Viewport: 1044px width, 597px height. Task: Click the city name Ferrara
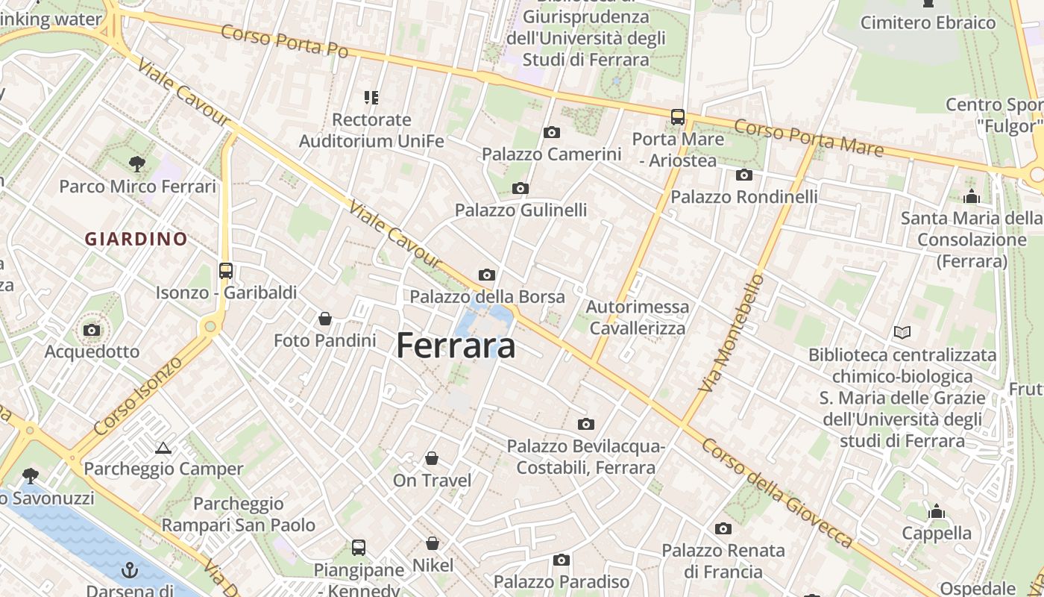click(456, 346)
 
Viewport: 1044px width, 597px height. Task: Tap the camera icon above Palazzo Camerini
click(552, 132)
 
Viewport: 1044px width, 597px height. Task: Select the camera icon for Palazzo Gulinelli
click(521, 188)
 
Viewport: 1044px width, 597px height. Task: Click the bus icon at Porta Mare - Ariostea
click(677, 116)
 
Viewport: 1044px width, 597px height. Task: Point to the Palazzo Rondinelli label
click(744, 197)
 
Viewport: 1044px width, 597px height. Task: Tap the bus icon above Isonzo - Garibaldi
click(225, 270)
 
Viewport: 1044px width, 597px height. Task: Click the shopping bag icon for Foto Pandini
click(325, 319)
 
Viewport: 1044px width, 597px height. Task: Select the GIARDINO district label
click(136, 239)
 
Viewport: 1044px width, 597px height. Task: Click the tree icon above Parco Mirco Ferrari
click(136, 163)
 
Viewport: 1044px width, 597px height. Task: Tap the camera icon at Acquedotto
click(92, 330)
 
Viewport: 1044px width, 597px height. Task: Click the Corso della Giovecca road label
click(778, 493)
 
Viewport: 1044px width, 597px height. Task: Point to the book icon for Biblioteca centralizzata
click(902, 332)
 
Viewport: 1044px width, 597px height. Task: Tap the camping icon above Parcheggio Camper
click(163, 448)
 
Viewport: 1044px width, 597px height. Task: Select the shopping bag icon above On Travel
click(432, 458)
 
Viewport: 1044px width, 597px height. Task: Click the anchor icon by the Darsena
click(130, 570)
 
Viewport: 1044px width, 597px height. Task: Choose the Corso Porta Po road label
click(285, 40)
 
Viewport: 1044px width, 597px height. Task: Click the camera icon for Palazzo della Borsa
click(487, 275)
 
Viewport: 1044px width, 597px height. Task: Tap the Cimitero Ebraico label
click(928, 22)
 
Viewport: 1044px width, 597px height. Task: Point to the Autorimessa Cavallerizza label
click(637, 317)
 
